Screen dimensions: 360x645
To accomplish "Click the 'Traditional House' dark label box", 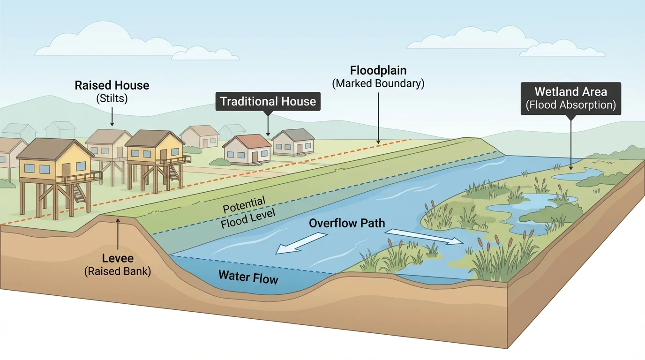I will coord(268,101).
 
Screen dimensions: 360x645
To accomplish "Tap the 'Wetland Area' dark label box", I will coord(570,98).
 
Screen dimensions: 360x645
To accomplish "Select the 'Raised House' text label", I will coord(112,85).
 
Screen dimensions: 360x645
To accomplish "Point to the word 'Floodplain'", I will coord(378,71).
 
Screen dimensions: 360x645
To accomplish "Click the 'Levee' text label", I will coord(118,258).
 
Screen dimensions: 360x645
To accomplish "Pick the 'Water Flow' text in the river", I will coord(248,277).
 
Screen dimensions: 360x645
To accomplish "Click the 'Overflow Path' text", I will coord(347,223).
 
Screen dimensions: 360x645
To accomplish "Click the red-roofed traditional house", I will coord(247,149).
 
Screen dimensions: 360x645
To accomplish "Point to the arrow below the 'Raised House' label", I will coord(112,116).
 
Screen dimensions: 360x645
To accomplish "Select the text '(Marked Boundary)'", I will coord(378,84).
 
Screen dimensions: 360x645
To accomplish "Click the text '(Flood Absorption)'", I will coord(570,105).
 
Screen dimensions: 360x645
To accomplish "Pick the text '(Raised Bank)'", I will coord(118,271).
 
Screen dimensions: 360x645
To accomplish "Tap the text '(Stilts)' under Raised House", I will coord(112,98).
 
